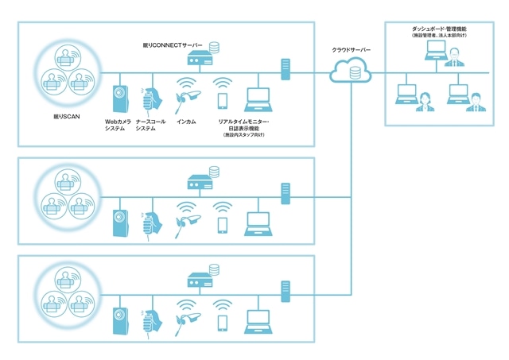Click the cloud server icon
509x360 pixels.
coord(350,73)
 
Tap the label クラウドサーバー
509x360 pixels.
coord(351,50)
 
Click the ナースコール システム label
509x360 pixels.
coord(150,126)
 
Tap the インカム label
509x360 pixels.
coord(186,122)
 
